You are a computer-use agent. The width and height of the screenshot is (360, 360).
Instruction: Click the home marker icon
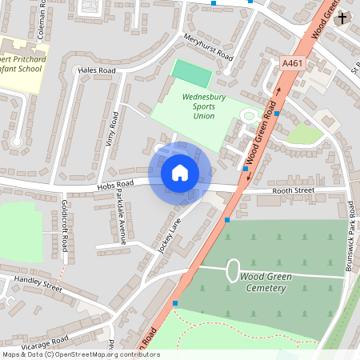(180, 172)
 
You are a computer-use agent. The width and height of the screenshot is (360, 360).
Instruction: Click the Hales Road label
(97, 70)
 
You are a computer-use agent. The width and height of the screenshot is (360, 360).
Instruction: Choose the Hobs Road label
(114, 185)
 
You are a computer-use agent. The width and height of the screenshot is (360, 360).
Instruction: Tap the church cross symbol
(342, 18)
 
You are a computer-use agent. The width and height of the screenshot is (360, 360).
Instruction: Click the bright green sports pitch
(192, 74)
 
